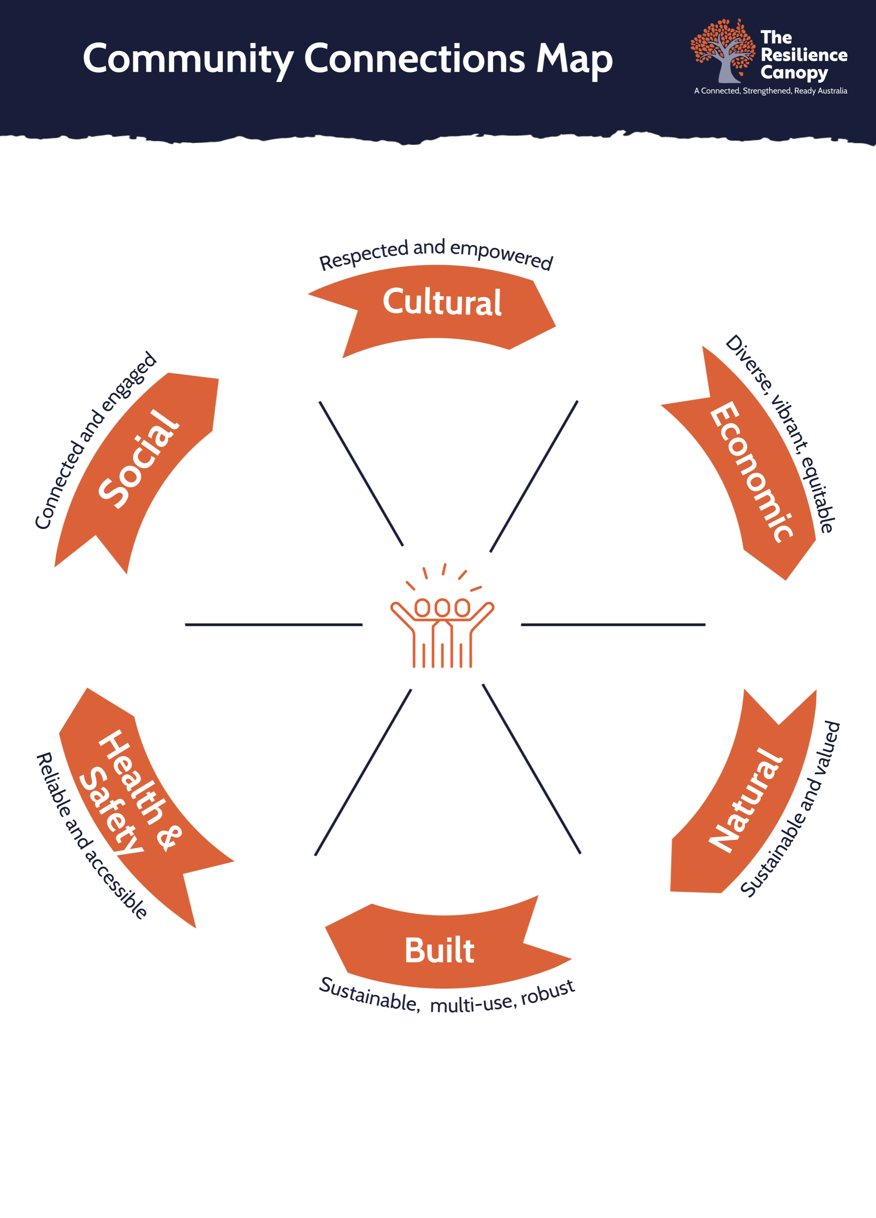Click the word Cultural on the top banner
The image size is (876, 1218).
pos(442,302)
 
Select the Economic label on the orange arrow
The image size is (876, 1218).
pos(751,473)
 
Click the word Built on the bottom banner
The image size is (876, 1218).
pos(439,951)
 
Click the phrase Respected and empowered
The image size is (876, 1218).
pos(435,253)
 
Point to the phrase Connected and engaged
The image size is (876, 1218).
pos(94,441)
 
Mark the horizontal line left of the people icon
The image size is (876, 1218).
pos(273,625)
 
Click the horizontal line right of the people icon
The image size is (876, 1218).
pos(613,625)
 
